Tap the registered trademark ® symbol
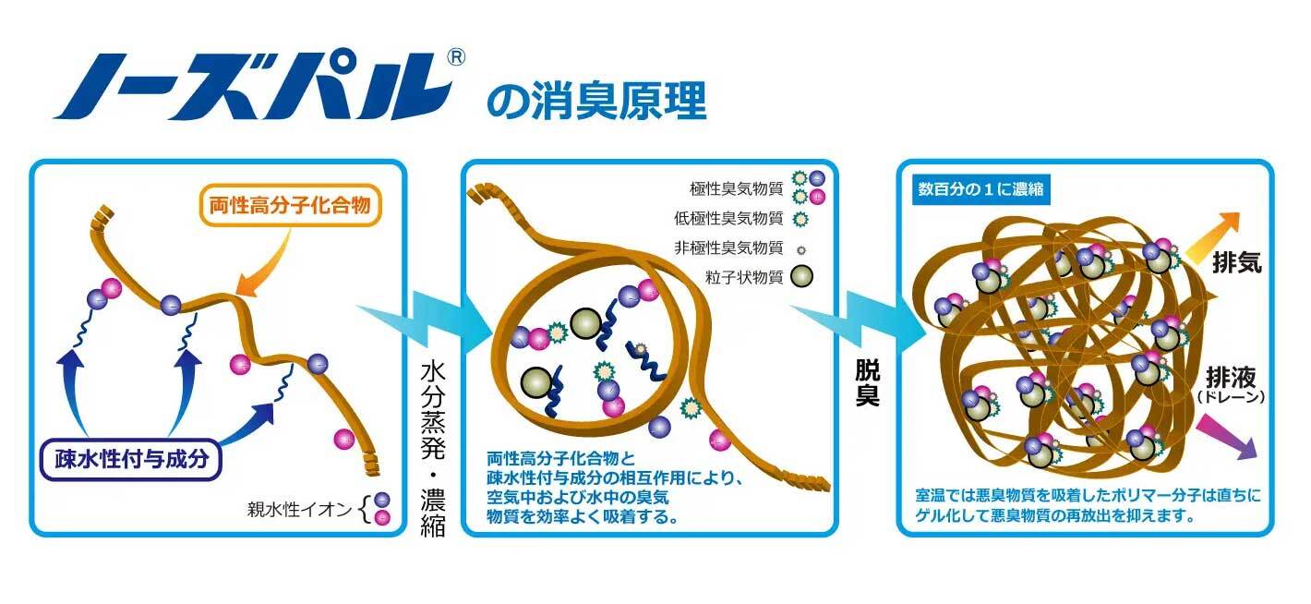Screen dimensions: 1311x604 coord(456,56)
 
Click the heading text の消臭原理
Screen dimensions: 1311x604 coord(596,102)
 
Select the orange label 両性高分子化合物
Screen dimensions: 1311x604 coord(290,205)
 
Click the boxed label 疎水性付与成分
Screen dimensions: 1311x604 coord(131,459)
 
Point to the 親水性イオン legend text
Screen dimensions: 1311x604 coord(299,509)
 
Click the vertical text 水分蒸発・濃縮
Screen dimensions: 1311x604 coord(432,449)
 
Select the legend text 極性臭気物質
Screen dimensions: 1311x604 coord(736,188)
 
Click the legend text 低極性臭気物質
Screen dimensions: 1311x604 coord(728,218)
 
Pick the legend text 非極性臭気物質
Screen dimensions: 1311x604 coord(728,248)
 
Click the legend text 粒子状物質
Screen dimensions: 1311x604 coord(744,277)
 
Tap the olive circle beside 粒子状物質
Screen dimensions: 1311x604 coord(801,276)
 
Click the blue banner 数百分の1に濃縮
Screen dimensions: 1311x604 coord(980,189)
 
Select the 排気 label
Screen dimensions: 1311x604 coord(1236,262)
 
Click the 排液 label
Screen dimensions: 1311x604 coord(1231,378)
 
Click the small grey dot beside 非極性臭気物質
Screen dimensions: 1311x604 coord(801,250)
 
